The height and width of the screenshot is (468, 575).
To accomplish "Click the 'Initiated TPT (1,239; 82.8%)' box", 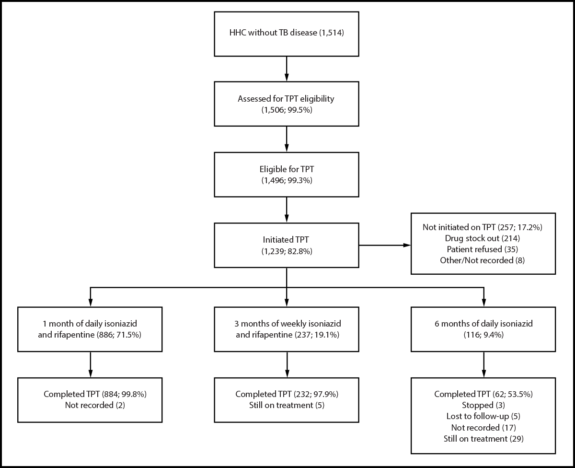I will tap(286, 245).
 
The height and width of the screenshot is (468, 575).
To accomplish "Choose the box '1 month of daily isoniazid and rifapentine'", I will tap(90, 329).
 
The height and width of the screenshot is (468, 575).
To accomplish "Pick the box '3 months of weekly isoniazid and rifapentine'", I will tap(286, 329).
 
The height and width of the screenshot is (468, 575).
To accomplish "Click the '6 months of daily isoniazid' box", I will tap(483, 329).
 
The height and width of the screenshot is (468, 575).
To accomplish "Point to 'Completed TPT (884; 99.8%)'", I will tap(95, 394).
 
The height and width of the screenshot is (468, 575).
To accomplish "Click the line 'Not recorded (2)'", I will tap(95, 405).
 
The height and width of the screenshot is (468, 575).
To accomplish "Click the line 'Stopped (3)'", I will tap(483, 405).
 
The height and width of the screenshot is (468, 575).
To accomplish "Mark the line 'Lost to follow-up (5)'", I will tap(483, 416).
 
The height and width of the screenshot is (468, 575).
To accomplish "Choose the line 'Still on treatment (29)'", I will tap(483, 438).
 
